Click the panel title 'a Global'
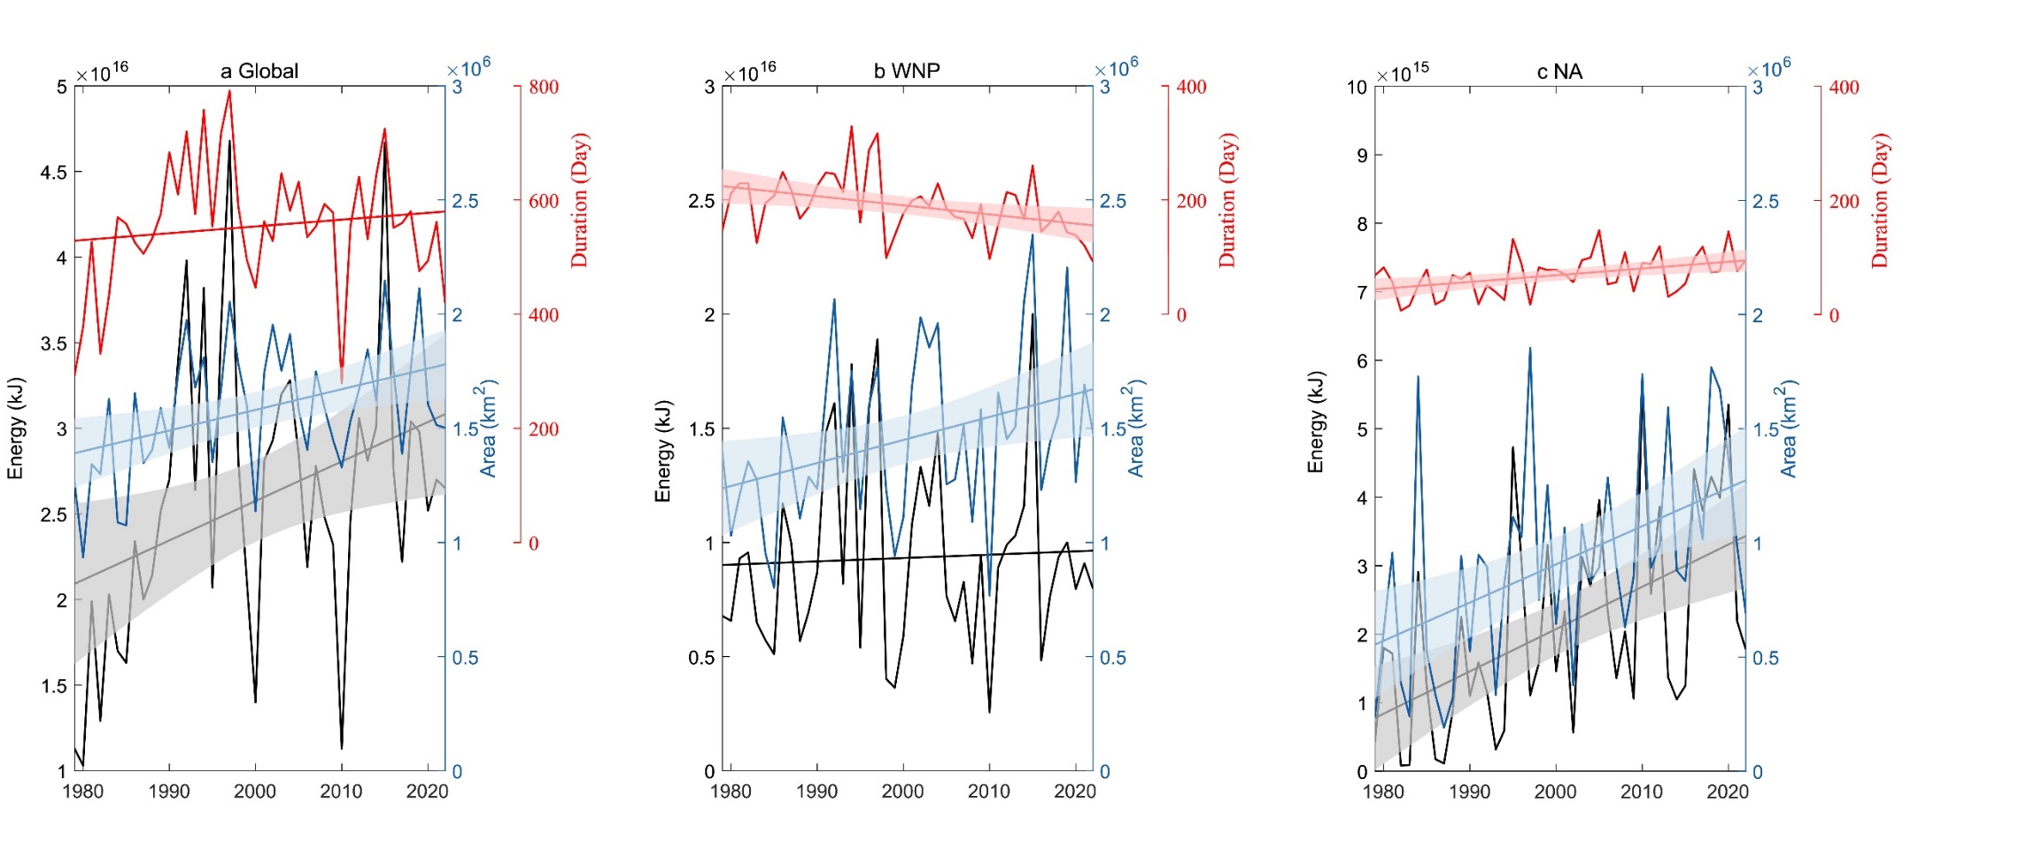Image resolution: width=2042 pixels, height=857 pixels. point(259,71)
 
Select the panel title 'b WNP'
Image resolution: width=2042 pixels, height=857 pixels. point(906,71)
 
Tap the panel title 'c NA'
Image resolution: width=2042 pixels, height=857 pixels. point(1559,72)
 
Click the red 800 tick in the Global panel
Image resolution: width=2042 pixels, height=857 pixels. point(544,87)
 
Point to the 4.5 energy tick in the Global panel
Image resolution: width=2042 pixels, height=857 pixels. point(54,173)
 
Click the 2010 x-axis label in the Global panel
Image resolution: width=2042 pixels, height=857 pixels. point(341,791)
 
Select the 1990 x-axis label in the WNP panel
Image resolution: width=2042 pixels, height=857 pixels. point(816,791)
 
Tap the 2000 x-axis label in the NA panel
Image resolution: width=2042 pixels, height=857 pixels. point(1555,791)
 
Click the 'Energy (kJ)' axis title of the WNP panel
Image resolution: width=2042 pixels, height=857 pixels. point(663,452)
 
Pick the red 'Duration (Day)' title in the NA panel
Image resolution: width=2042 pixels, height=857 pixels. point(1879,201)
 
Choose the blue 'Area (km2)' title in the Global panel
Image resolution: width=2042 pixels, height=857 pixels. point(488,429)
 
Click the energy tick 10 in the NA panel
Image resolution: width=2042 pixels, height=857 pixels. point(1357,88)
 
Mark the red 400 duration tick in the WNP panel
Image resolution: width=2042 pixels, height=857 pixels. point(1191,87)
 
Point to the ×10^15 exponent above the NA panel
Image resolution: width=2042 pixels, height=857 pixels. point(1403,72)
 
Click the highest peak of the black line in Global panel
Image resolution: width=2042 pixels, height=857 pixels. point(229,141)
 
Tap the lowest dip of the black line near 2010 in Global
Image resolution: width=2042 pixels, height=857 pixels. point(342,748)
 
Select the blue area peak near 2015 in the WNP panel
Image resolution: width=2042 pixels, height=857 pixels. point(1033,235)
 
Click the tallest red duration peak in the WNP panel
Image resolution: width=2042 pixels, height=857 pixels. point(851,127)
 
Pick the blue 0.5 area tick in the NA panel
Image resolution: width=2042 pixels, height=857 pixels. point(1765,658)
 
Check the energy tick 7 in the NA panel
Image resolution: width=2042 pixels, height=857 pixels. point(1362,293)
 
